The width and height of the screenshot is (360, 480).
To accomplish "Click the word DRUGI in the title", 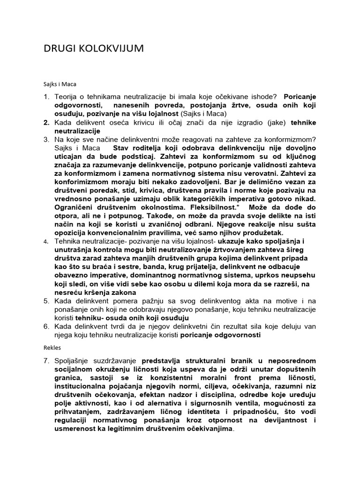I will click(57, 48).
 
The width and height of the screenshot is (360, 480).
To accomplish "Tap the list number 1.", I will click(46, 97).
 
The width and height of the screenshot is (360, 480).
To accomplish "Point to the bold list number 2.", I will click(46, 122).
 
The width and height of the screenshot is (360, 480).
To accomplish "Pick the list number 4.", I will click(46, 241).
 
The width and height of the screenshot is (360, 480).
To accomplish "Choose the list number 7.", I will click(46, 360).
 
